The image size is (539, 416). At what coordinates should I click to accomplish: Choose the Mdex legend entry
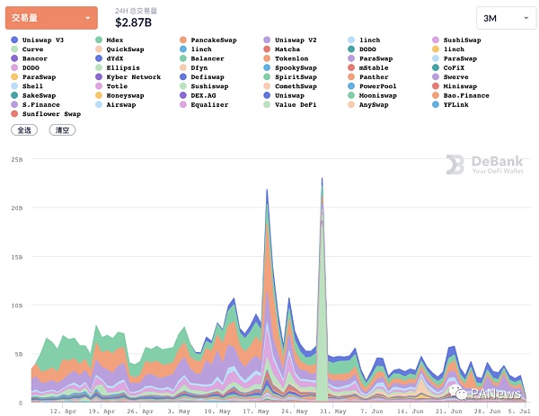click(x=114, y=40)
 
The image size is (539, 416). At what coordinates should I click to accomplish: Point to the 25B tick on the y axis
click(x=16, y=159)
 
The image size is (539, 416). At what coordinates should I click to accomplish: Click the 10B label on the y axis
click(x=16, y=305)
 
